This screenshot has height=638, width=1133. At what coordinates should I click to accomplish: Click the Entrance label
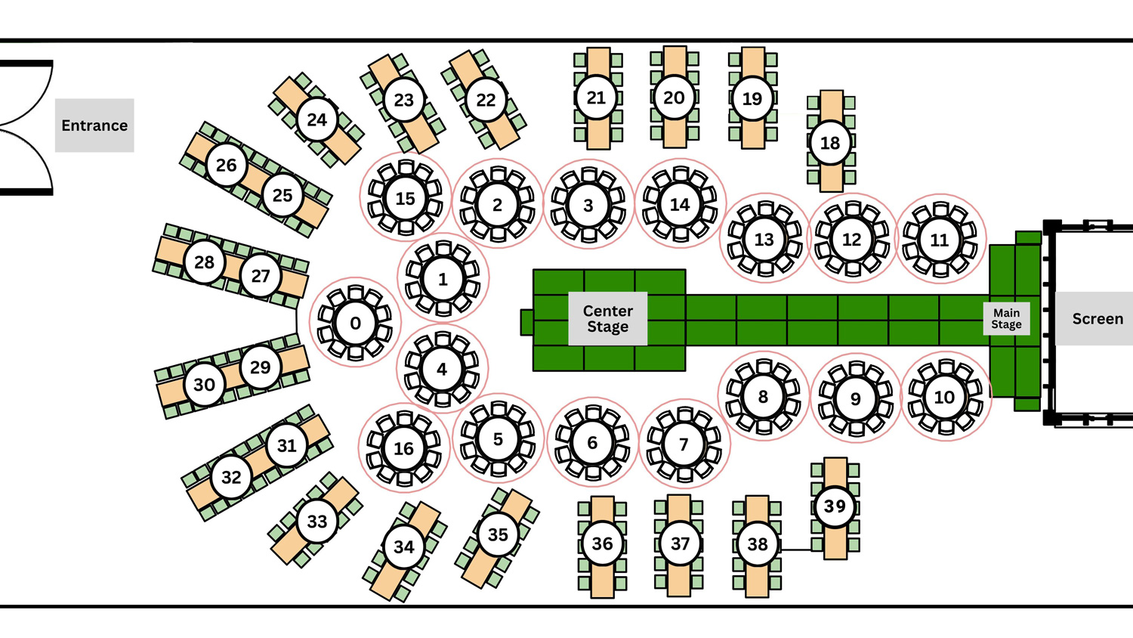(x=94, y=125)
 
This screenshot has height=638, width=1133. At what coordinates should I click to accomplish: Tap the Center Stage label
(x=608, y=319)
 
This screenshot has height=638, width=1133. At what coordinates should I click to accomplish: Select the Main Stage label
(x=1006, y=318)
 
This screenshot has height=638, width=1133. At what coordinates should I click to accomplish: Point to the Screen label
(x=1097, y=319)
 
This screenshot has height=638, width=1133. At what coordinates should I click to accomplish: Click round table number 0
(x=355, y=324)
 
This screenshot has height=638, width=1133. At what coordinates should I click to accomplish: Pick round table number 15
(x=405, y=198)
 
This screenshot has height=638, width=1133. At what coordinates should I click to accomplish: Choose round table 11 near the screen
(x=940, y=240)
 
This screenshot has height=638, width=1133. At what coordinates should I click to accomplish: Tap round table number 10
(x=944, y=397)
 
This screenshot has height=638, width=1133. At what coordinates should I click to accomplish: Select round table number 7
(x=684, y=444)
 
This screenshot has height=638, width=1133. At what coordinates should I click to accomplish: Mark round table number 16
(x=403, y=448)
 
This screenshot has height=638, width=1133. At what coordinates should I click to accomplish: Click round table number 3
(x=588, y=205)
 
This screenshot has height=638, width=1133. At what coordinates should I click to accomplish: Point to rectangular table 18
(x=830, y=142)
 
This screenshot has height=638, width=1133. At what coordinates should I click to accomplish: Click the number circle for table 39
(x=835, y=506)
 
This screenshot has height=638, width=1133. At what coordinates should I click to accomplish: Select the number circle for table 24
(x=316, y=119)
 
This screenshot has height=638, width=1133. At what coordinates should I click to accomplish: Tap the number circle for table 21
(x=597, y=98)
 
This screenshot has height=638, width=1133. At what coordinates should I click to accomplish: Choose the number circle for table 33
(x=317, y=521)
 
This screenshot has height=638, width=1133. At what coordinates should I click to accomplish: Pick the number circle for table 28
(x=204, y=262)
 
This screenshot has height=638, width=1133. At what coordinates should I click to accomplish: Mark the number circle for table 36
(x=602, y=544)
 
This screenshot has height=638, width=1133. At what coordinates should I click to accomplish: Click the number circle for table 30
(x=204, y=385)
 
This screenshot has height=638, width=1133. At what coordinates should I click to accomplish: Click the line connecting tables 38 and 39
(x=795, y=550)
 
